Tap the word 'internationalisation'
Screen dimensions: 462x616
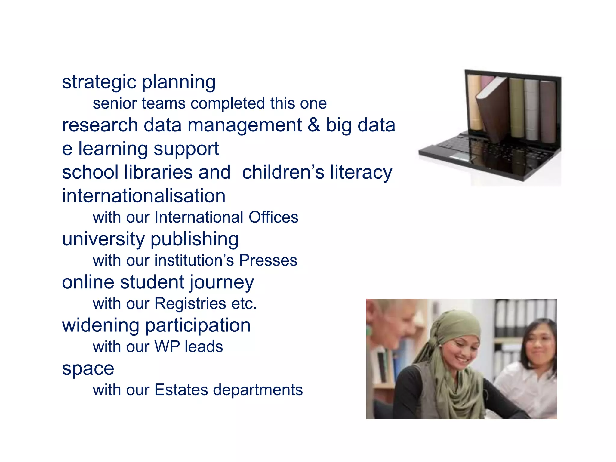143,196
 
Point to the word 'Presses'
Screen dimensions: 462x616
268,260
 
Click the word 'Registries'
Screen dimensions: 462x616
190,303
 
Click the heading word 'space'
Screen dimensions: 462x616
88,368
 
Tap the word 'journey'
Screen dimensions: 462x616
222,283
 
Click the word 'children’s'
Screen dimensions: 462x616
283,172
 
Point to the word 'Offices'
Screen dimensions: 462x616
273,217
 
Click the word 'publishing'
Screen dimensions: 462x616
194,239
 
